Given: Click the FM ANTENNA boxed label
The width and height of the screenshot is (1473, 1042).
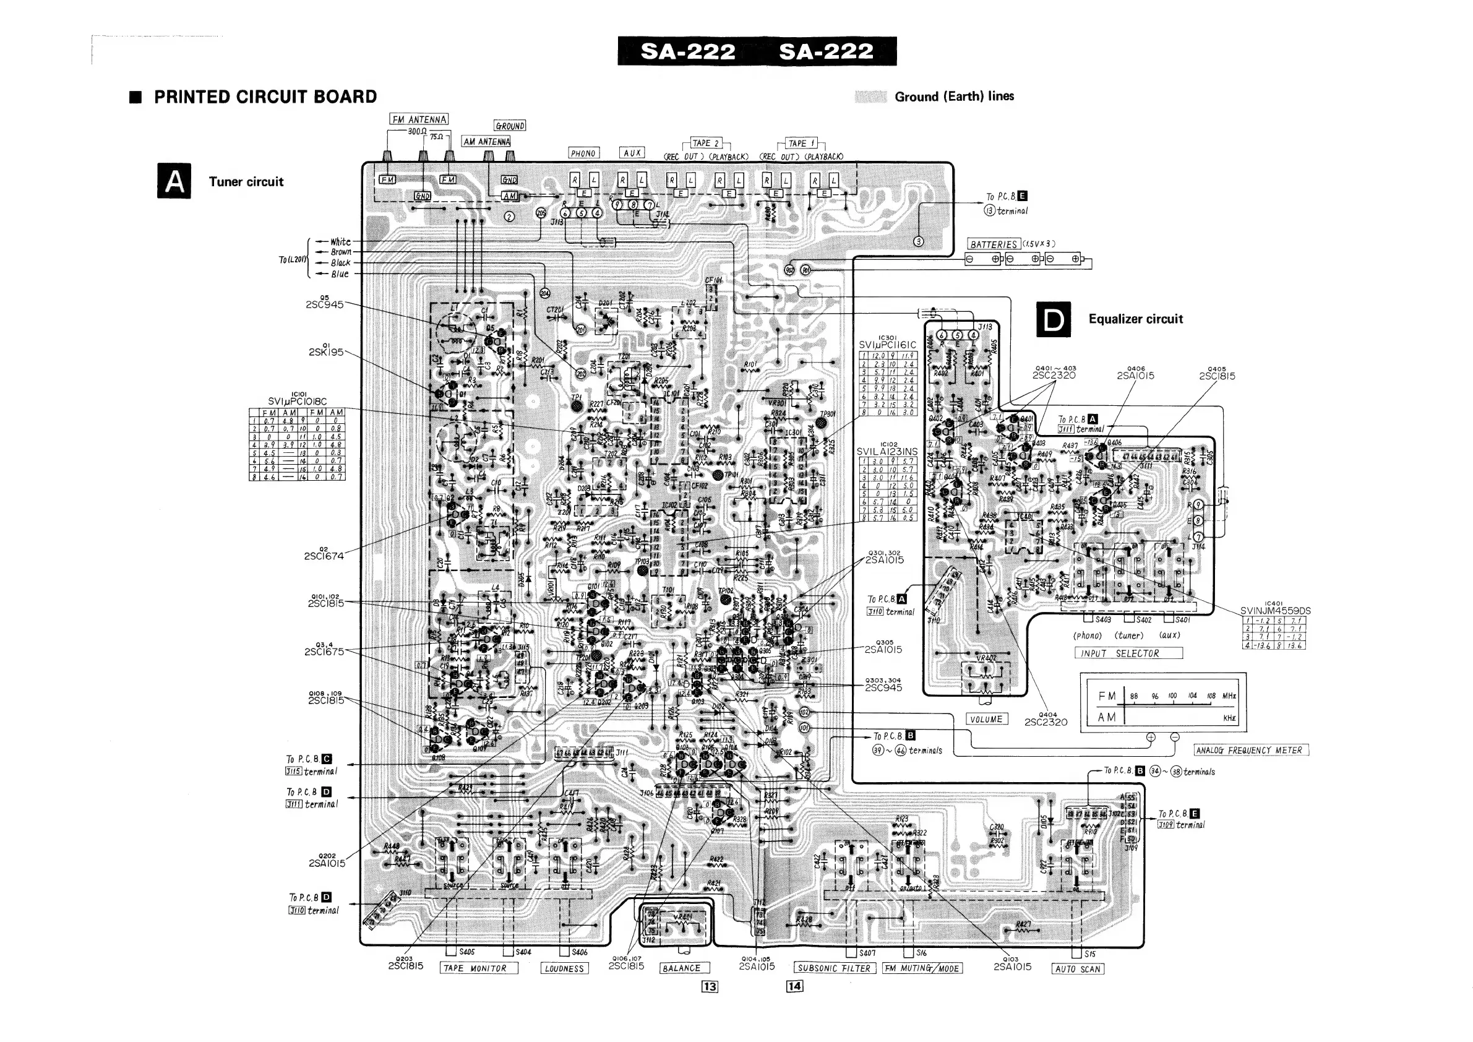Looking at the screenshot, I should click(418, 119).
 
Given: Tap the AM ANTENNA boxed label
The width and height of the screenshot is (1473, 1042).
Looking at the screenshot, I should click(486, 142).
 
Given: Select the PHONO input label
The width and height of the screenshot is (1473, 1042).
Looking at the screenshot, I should click(583, 153).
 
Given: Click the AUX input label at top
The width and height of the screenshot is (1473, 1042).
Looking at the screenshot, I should click(632, 153).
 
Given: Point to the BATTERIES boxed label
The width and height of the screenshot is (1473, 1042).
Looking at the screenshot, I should click(994, 244).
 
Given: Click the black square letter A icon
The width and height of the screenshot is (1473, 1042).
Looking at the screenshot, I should click(174, 181).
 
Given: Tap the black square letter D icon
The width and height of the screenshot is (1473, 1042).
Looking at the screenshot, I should click(1054, 319).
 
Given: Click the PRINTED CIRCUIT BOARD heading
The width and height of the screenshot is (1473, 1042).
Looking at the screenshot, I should click(265, 97).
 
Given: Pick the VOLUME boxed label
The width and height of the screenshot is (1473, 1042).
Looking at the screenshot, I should click(986, 719).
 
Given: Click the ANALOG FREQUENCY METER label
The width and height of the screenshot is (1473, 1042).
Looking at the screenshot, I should click(1250, 750).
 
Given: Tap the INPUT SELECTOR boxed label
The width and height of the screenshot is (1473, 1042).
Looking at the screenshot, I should click(1128, 653).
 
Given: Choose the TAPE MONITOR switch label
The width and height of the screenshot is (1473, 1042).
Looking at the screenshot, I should click(479, 968).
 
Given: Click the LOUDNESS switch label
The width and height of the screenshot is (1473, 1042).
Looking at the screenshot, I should click(565, 969).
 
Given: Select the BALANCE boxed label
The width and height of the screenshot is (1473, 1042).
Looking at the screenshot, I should click(681, 968).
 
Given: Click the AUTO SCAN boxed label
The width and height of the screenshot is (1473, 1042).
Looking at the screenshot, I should click(1078, 969).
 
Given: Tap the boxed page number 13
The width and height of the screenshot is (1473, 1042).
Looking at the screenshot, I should click(710, 987).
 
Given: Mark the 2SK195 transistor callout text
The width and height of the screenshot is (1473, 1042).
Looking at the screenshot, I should click(326, 352).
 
